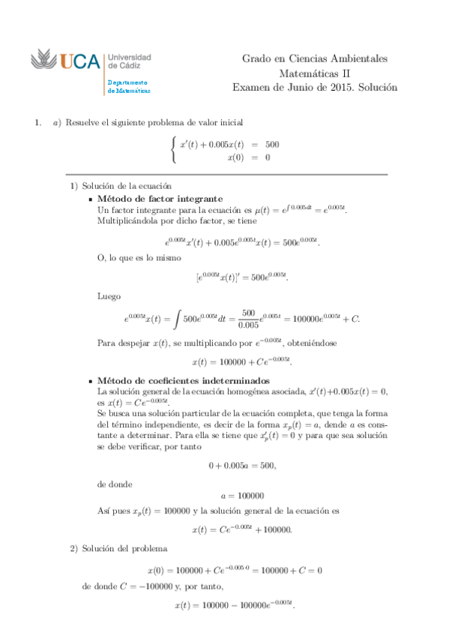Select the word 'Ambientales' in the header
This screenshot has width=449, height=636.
358,58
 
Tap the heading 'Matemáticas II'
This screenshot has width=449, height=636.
315,73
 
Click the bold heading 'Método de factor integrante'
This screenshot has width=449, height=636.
160,199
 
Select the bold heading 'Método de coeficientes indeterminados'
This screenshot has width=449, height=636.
184,381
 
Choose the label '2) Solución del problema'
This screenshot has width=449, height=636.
120,549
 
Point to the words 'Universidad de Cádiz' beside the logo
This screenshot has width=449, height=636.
130,61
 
